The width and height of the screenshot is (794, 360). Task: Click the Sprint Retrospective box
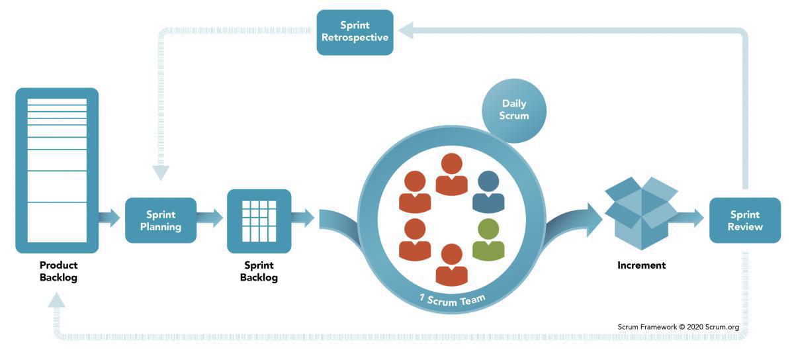355,32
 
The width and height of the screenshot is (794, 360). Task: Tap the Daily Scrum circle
514,110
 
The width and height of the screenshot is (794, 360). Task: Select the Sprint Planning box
161,220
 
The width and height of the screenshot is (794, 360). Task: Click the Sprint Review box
745,220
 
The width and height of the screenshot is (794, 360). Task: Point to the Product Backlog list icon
57,170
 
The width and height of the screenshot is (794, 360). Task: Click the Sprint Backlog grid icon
259,220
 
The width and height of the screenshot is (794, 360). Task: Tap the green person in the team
488,240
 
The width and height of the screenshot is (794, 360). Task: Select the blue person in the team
488,192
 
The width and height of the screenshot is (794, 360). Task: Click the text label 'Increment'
641,265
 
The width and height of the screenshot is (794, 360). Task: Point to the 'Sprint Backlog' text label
259,271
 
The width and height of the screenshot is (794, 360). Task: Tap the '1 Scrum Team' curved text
453,297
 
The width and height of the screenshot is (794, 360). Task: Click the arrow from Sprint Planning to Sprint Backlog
210,218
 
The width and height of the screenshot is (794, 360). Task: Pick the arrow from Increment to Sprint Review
689,217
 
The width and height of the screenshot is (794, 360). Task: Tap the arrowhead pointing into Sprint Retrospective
406,30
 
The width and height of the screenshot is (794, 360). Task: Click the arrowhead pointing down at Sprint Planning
161,173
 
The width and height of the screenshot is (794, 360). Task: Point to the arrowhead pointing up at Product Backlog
57,300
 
